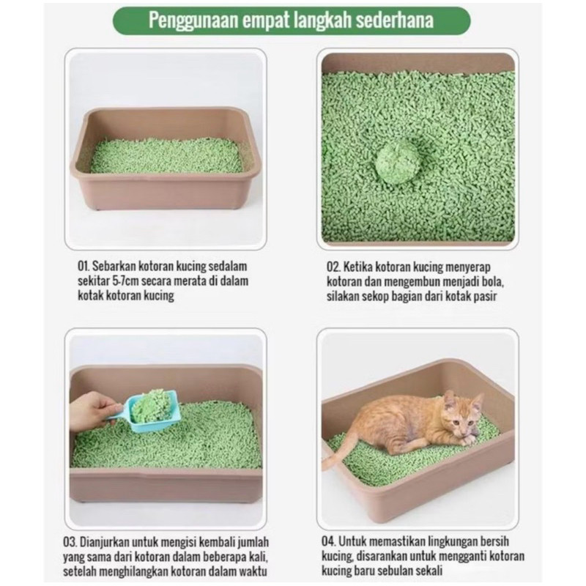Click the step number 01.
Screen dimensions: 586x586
(84, 266)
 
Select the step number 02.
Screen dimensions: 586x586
(333, 267)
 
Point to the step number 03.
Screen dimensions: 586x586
(70, 542)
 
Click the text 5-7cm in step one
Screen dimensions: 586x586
(125, 281)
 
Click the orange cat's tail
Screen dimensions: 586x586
(338, 449)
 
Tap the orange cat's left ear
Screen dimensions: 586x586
(450, 399)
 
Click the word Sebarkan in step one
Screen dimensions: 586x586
(114, 266)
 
